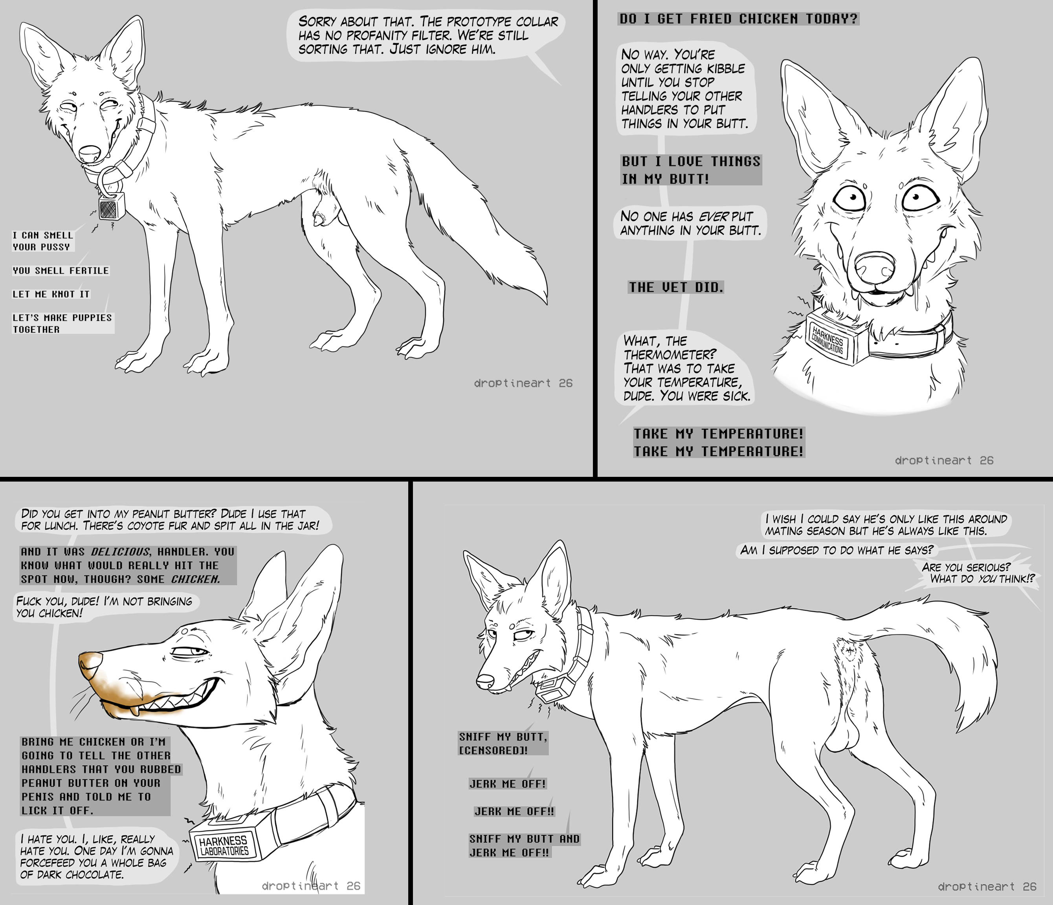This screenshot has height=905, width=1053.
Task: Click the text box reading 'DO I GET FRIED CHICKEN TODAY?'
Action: (738, 19)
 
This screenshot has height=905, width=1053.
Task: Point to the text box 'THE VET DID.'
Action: (676, 287)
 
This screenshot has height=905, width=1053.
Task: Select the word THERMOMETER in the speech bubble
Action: (670, 354)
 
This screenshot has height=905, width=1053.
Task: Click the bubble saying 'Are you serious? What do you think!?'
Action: (977, 573)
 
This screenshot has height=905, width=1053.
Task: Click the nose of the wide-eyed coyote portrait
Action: (874, 268)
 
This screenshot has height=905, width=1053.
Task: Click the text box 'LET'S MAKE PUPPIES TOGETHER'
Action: (62, 323)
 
